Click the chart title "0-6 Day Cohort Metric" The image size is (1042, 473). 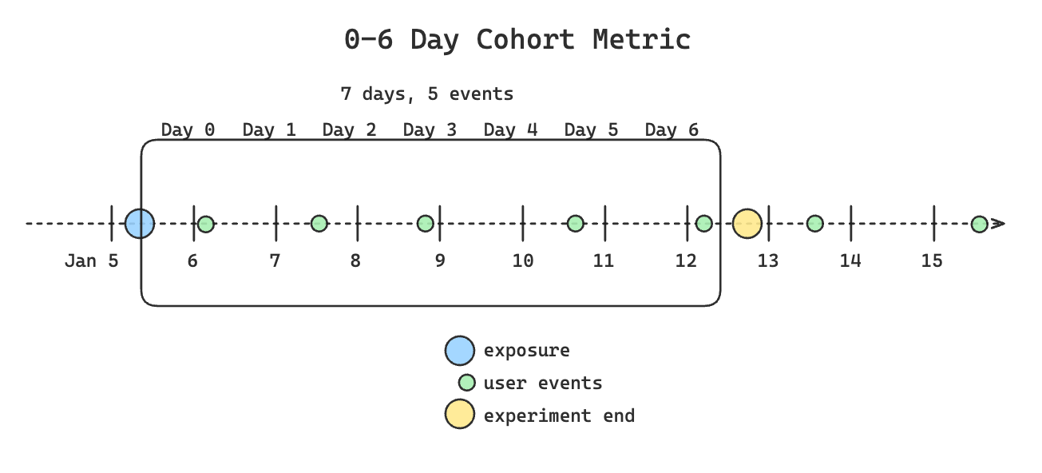517,39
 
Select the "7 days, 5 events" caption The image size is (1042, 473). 426,94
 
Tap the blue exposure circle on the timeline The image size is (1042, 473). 140,223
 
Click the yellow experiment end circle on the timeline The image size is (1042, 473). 747,223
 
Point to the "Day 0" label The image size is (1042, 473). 188,129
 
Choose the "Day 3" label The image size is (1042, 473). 430,129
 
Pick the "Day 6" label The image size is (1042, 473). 672,129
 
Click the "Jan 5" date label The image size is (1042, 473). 91,260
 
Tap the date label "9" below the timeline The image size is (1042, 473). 440,260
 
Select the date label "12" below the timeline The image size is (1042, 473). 687,260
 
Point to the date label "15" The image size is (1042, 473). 932,260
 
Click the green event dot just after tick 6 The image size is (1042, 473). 206,224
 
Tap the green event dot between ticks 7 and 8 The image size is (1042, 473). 319,224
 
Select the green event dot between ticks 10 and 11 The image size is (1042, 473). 575,224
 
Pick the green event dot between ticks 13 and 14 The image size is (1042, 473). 814,224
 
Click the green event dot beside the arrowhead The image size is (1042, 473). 979,224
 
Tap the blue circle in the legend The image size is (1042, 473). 459,351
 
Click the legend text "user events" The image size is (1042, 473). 543,384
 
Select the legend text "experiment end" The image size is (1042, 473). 559,415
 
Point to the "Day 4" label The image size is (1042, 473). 510,129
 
